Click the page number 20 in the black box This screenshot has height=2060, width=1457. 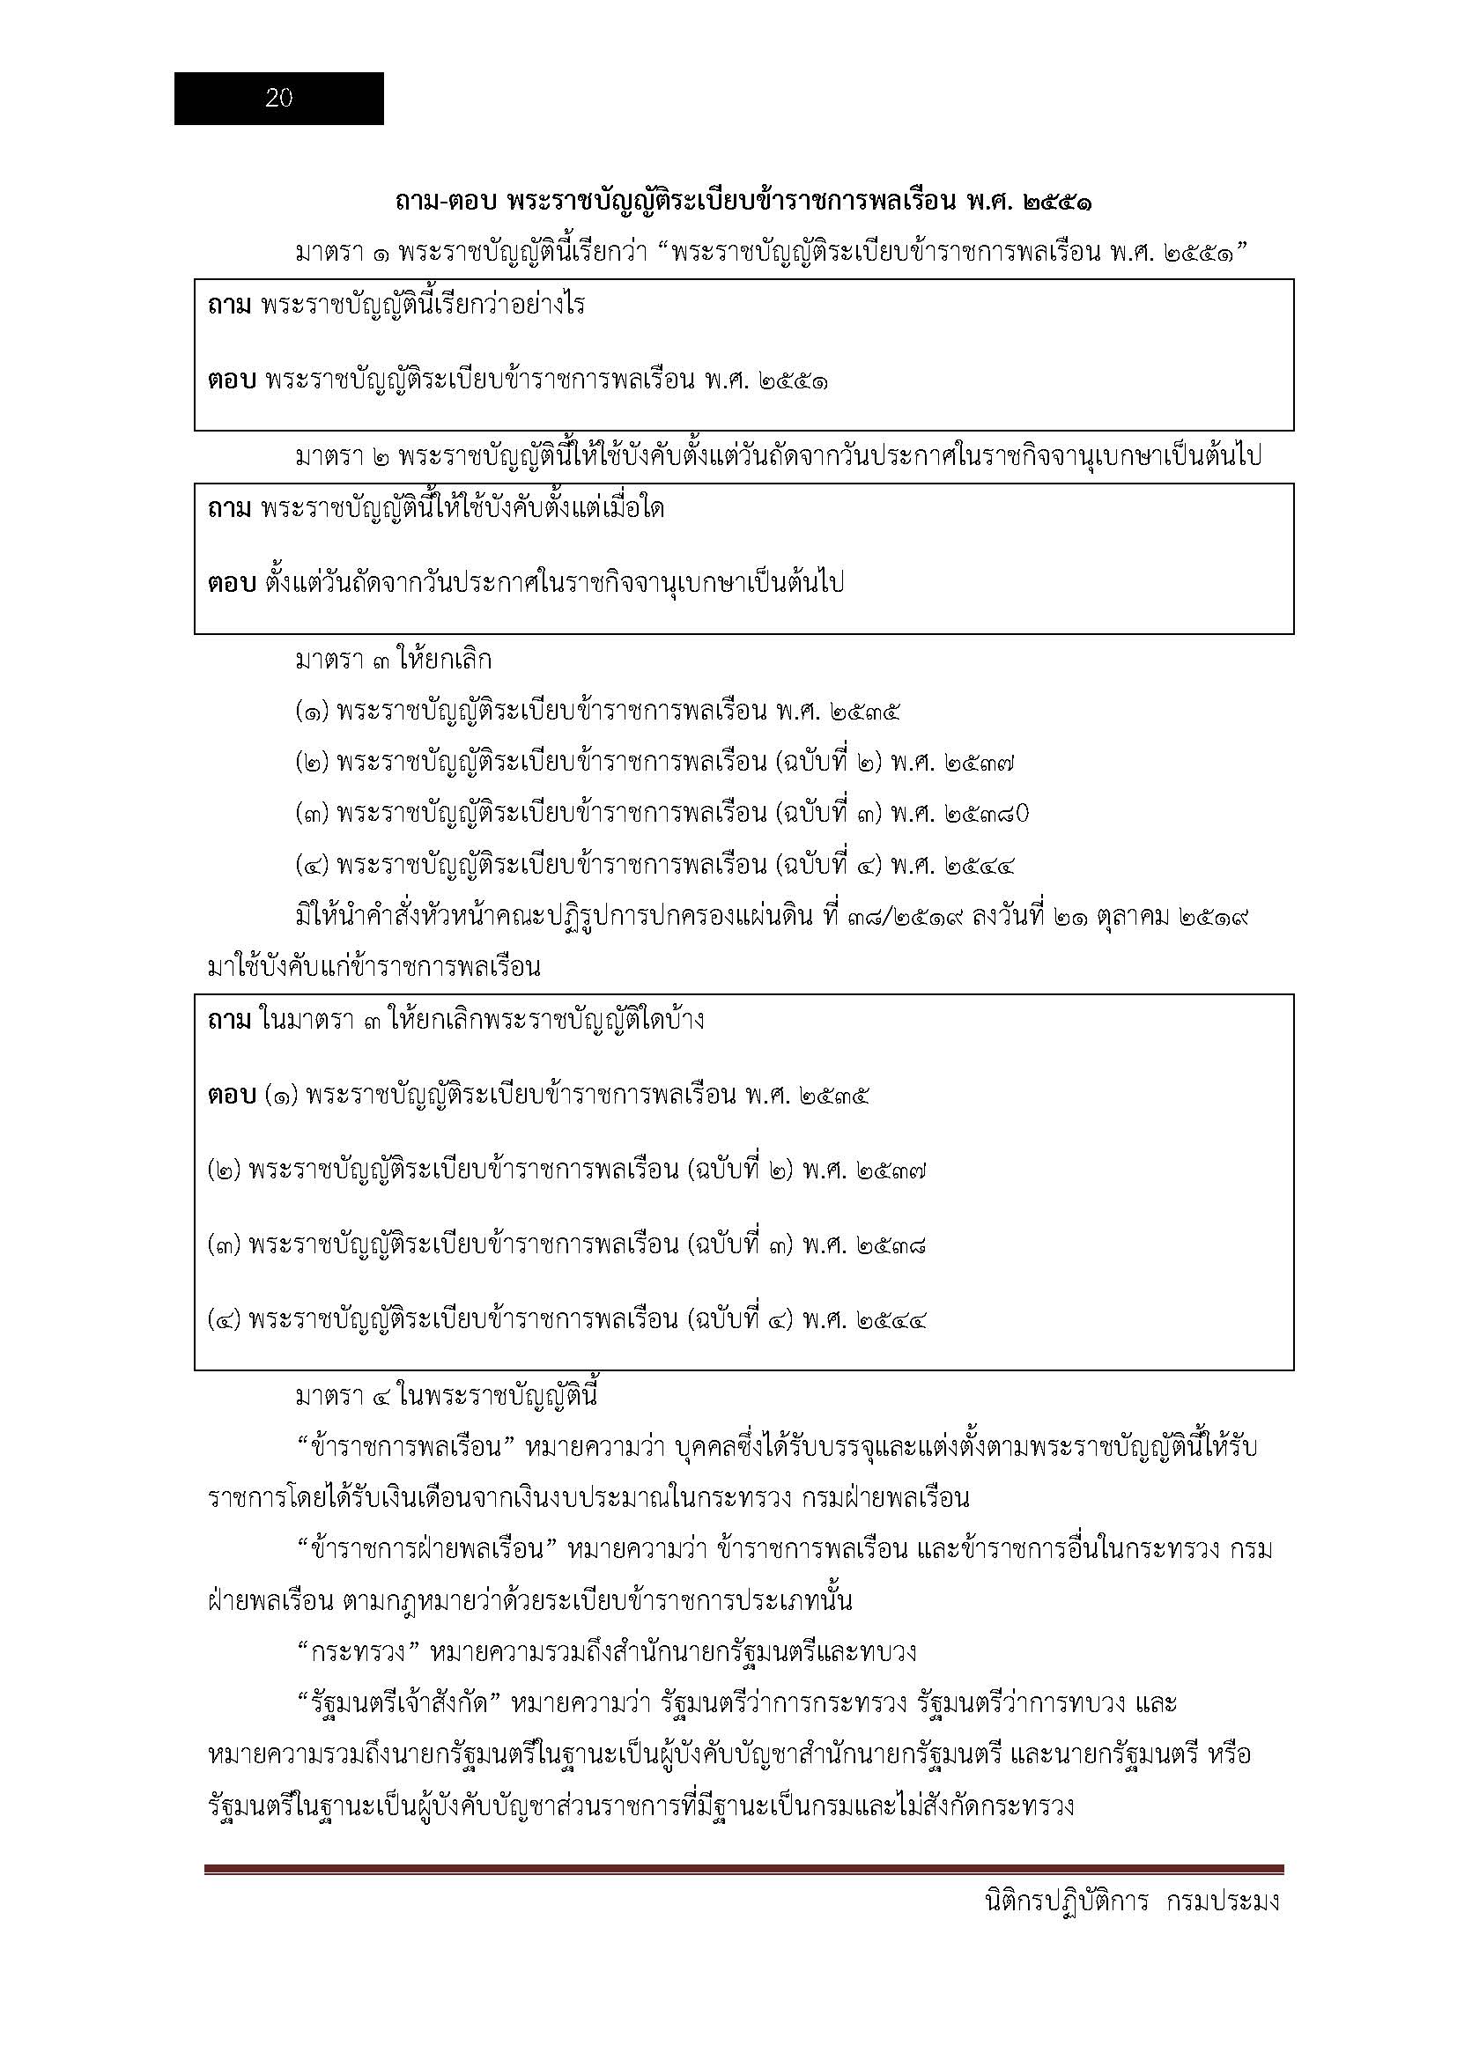click(x=279, y=99)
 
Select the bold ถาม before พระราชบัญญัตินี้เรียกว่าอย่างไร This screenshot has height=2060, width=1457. click(x=230, y=306)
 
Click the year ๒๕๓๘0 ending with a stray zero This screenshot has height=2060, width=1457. click(x=986, y=814)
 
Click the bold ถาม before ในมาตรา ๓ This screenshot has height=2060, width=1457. click(x=230, y=1021)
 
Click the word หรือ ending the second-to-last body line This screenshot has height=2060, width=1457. click(x=1229, y=1754)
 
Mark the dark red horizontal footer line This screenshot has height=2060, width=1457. click(x=743, y=1870)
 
